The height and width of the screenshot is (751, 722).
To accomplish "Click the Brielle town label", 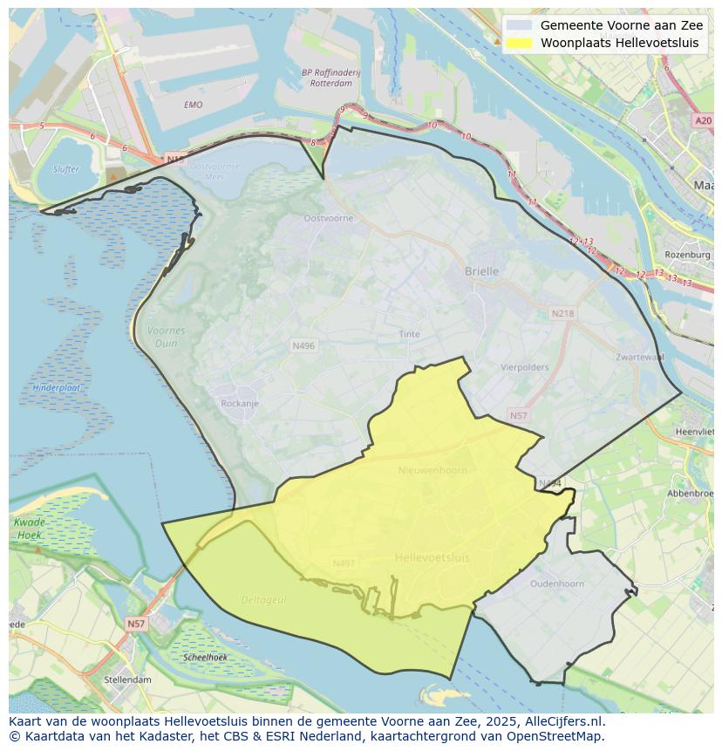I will (481, 271).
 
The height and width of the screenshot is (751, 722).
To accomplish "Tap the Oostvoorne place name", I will (329, 218).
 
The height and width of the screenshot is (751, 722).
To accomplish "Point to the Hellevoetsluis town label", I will (432, 557).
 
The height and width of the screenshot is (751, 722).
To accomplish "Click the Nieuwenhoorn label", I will (432, 470).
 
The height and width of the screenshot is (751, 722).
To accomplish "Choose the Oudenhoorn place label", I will (556, 584).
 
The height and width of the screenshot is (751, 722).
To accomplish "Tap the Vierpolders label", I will (525, 367).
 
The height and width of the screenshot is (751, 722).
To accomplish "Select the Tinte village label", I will (409, 334).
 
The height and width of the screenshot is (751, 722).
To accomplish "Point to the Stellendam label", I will (127, 679).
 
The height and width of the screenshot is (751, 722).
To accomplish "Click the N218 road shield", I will (562, 313).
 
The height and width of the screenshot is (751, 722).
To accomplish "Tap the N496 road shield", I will (303, 346).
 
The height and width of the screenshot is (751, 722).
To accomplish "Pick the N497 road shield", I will (344, 563).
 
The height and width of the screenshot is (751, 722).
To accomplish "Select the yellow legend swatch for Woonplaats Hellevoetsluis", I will (518, 43).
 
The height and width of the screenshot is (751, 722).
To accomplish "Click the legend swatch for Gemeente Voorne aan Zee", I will (518, 25).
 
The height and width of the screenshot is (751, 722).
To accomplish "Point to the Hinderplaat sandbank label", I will (57, 387).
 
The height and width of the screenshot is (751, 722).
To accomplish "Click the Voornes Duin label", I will (166, 337).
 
